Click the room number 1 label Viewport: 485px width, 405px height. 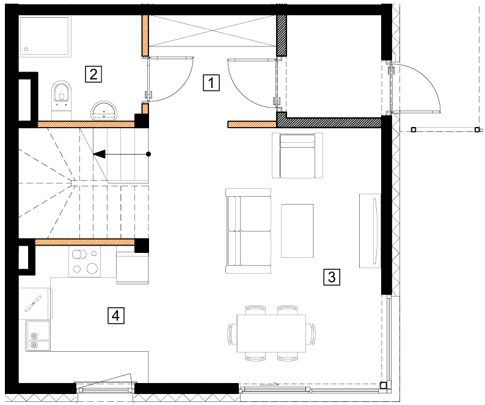(x=211, y=82)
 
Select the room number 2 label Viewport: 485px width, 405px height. (x=93, y=75)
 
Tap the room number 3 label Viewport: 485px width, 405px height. (x=332, y=277)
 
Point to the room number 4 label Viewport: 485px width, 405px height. (x=116, y=316)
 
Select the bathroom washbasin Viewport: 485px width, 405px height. (x=104, y=111)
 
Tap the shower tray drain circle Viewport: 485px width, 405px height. (x=26, y=49)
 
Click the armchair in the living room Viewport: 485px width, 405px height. (x=297, y=155)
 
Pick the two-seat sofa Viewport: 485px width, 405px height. (x=249, y=231)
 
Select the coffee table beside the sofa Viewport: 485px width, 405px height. (x=297, y=231)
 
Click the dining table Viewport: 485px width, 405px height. (x=271, y=333)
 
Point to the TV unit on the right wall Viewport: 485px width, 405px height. (x=370, y=231)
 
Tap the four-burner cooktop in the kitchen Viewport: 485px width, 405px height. (x=85, y=261)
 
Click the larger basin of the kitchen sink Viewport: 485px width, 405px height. (x=38, y=330)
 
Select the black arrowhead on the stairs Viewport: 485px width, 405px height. (x=99, y=154)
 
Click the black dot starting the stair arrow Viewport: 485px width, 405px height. (x=148, y=154)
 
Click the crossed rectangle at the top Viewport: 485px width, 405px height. (x=212, y=31)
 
